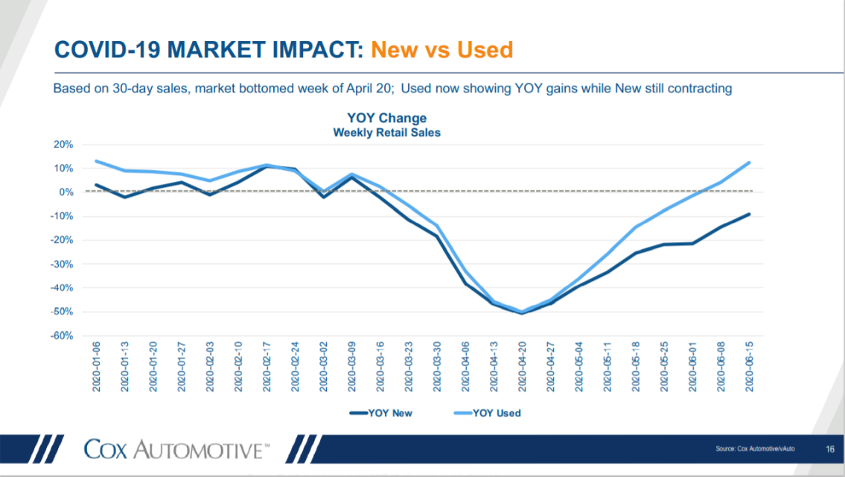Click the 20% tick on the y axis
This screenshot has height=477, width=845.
click(63, 145)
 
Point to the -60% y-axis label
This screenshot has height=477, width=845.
click(62, 335)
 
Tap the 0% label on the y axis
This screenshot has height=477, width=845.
click(66, 192)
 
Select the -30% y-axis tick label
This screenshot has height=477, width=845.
click(62, 265)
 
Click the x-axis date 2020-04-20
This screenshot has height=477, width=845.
click(522, 367)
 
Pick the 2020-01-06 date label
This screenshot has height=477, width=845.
click(97, 367)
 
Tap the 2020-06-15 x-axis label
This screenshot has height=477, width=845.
click(749, 367)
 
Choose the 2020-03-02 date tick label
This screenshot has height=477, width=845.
click(323, 367)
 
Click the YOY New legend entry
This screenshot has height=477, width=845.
click(381, 414)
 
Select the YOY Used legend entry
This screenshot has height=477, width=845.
click(487, 414)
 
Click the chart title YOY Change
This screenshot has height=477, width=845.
click(387, 119)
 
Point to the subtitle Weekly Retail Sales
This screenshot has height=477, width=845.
click(387, 133)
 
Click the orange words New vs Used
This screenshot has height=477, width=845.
click(442, 50)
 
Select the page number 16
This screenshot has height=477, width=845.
click(830, 449)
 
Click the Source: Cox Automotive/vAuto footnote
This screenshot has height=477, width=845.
click(755, 449)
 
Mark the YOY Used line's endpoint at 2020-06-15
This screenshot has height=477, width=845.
click(749, 162)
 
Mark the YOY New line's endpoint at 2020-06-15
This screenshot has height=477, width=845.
click(749, 214)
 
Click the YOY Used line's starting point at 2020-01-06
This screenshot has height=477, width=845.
click(97, 161)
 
